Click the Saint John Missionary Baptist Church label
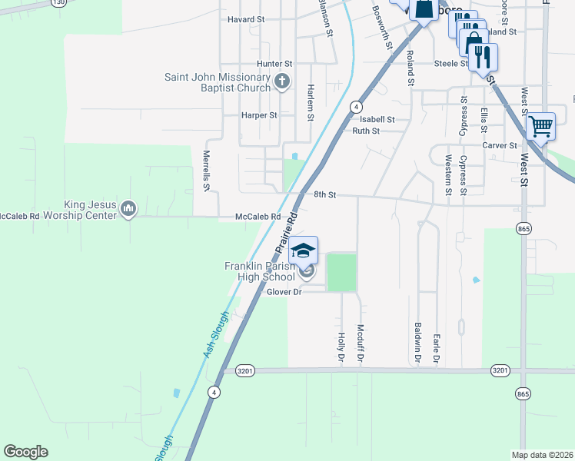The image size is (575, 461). click(218, 82)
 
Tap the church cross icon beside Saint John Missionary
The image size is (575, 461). click(283, 80)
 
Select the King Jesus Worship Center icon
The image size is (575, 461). click(128, 209)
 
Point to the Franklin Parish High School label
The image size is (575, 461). click(259, 271)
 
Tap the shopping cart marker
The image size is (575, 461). click(541, 125)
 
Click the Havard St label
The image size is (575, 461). click(246, 18)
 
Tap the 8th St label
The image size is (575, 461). click(325, 195)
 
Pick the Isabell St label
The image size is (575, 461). click(377, 119)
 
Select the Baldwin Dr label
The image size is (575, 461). click(417, 343)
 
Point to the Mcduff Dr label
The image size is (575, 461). click(360, 343)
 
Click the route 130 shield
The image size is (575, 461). click(58, 3)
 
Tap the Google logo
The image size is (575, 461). click(25, 452)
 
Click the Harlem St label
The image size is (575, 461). click(311, 103)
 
